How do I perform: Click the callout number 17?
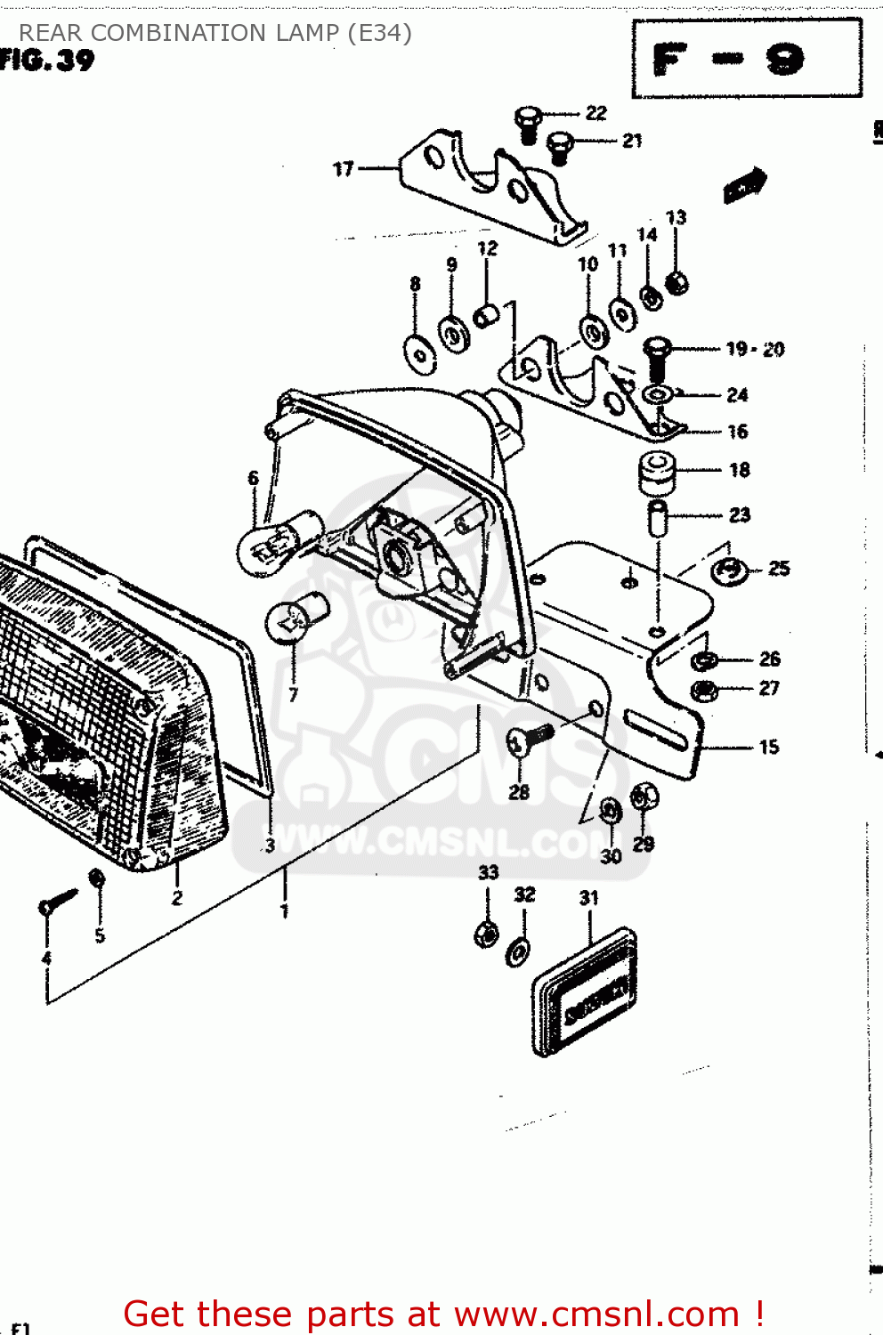point(344,168)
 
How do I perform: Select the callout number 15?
point(769,747)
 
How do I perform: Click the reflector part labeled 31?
point(585,991)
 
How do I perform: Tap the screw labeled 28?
point(529,738)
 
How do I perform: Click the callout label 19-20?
point(755,349)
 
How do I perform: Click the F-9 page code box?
point(746,59)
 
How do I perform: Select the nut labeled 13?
point(676,284)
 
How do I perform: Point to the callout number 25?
point(779,568)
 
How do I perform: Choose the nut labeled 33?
point(486,934)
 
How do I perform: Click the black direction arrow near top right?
point(744,185)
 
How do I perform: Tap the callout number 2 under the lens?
point(177,898)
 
